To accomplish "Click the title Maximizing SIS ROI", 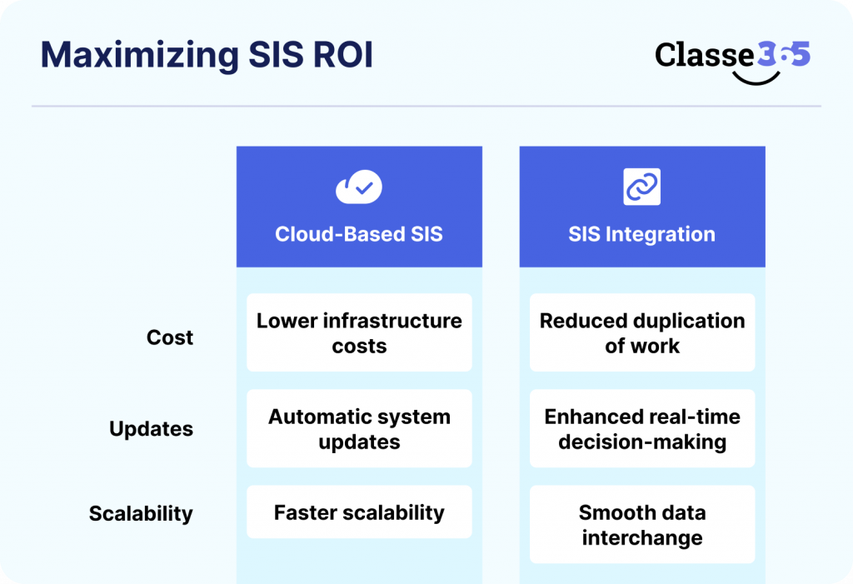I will click(207, 56).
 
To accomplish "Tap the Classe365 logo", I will click(732, 58).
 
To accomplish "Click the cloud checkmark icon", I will click(359, 188).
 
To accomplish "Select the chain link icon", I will click(641, 187).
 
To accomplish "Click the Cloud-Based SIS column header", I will click(359, 234).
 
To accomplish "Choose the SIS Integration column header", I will click(641, 234).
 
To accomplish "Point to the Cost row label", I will click(170, 337).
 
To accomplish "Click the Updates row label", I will click(151, 429).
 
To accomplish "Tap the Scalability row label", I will click(141, 513).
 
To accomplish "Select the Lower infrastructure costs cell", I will click(359, 332).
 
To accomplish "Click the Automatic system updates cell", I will click(359, 428).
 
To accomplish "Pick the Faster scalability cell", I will click(359, 512).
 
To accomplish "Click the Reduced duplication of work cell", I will click(642, 332).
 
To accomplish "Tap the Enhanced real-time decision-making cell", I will click(642, 428).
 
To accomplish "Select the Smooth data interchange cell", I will click(642, 524).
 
